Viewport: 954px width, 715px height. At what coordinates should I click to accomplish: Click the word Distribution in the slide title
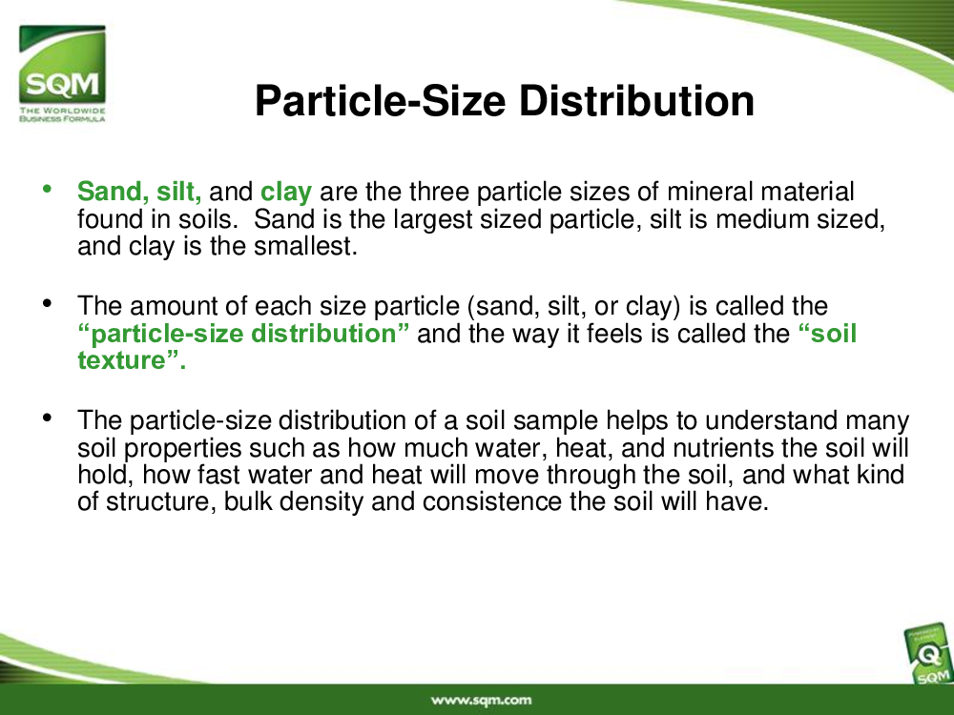[x=636, y=100]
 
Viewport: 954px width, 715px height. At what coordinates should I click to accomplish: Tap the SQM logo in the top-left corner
[x=62, y=73]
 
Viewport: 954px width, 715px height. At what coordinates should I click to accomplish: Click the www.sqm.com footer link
[x=481, y=700]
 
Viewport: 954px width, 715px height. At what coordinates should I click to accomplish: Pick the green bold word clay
[x=286, y=193]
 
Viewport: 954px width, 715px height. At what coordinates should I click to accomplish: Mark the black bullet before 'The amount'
[x=47, y=303]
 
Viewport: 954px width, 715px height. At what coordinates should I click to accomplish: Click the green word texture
[x=121, y=360]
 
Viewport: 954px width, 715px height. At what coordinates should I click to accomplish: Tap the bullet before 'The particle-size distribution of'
[x=47, y=418]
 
